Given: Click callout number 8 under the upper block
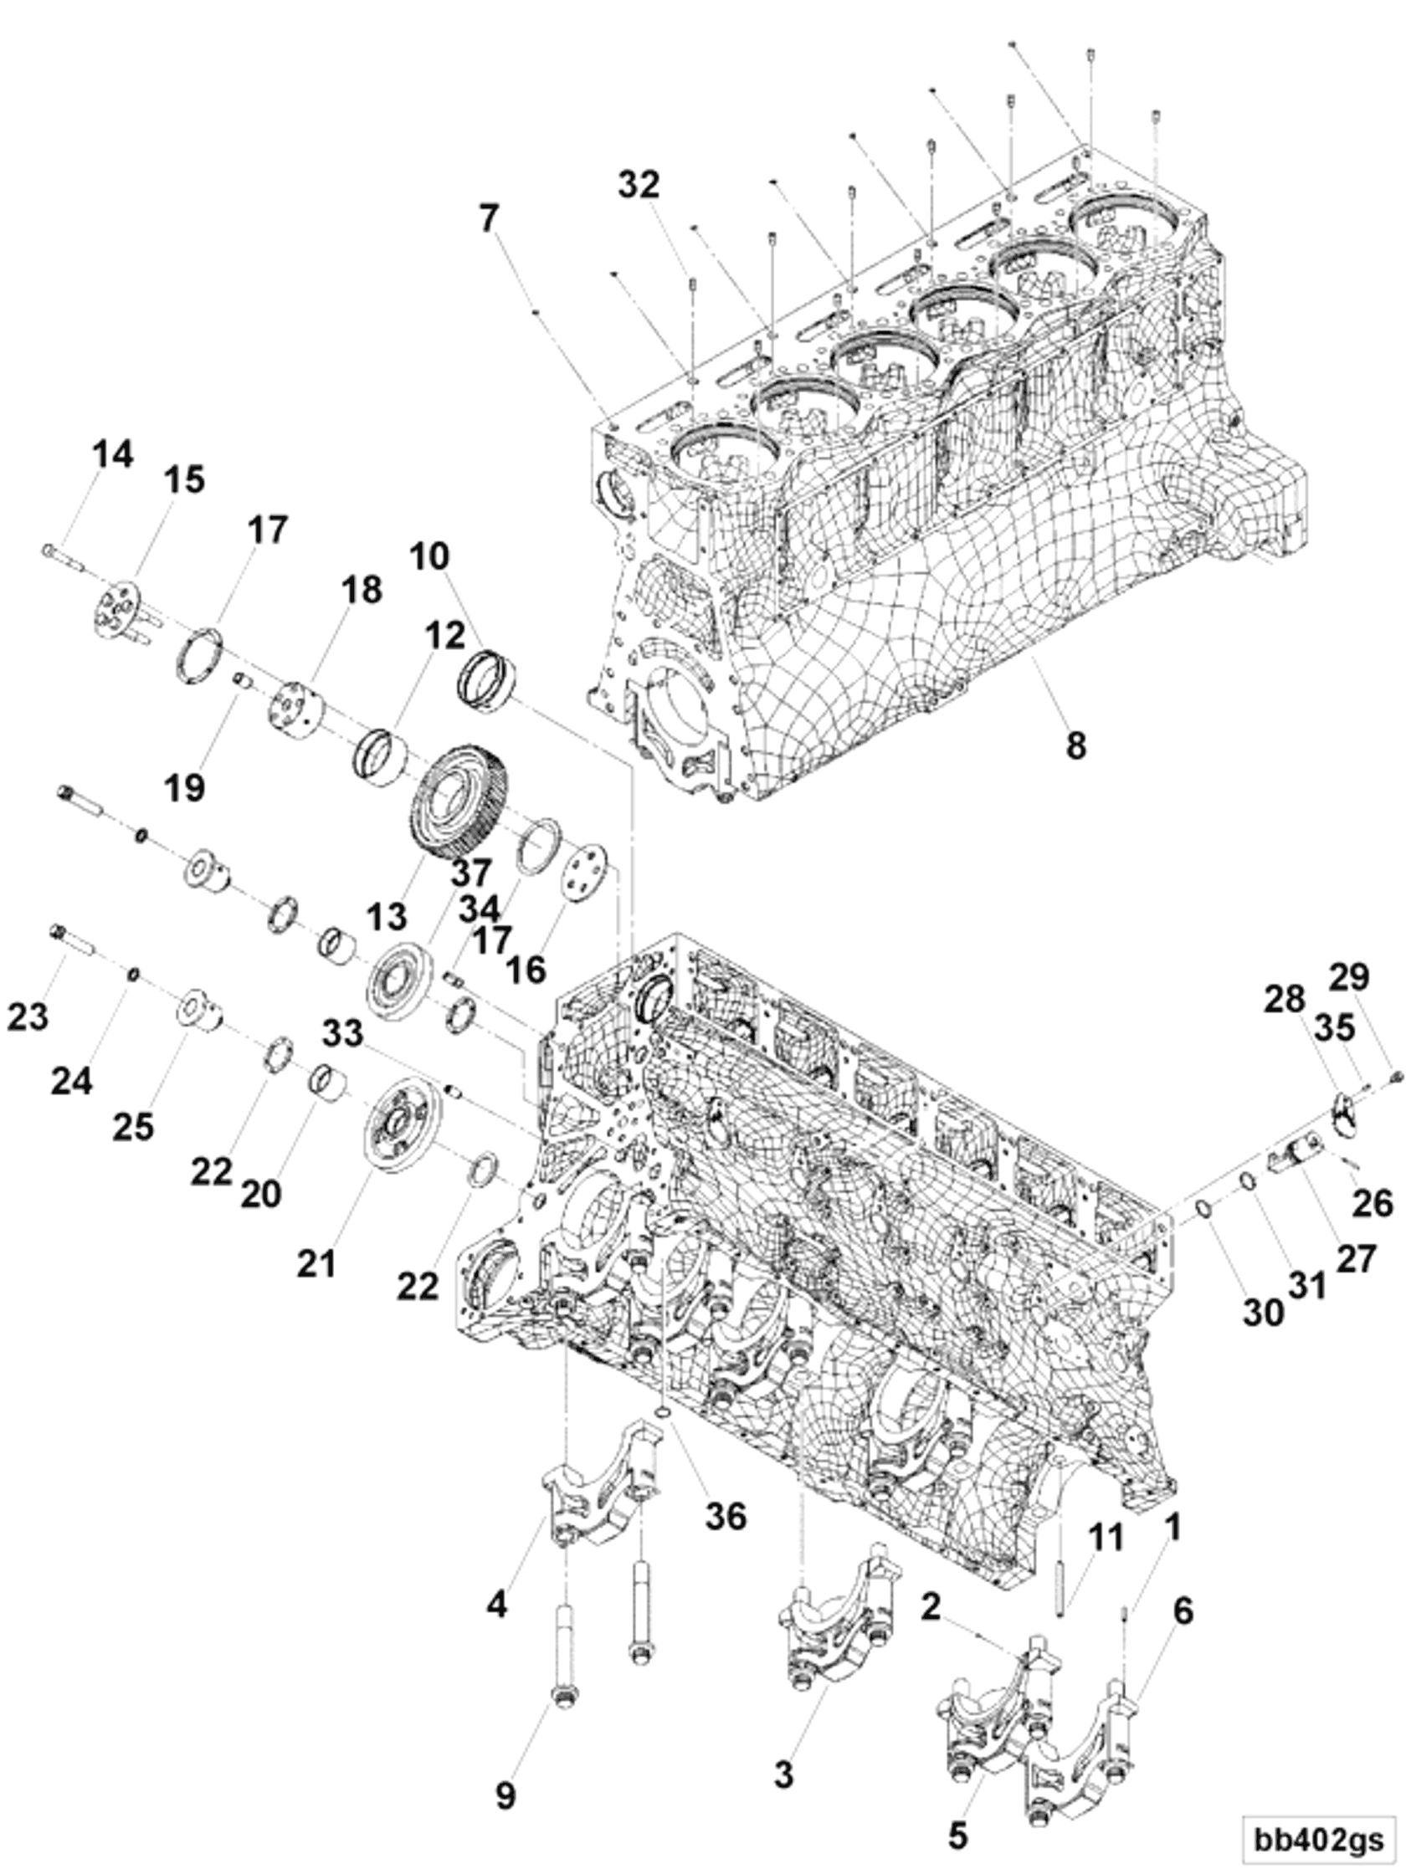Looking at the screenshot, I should tap(1075, 745).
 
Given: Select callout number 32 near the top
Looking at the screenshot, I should tap(639, 184).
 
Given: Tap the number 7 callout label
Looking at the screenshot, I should tap(488, 218).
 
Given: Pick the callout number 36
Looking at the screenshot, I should tap(726, 1516).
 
